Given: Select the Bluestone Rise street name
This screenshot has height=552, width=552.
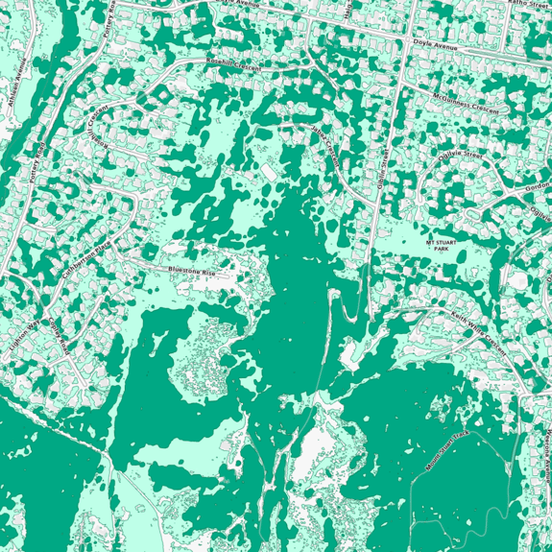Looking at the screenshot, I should click(193, 273).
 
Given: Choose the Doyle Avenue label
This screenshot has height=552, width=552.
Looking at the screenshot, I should click(436, 44).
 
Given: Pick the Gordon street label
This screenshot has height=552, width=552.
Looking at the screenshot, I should click(539, 188).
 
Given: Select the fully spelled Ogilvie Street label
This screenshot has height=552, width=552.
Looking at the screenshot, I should click(462, 156).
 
